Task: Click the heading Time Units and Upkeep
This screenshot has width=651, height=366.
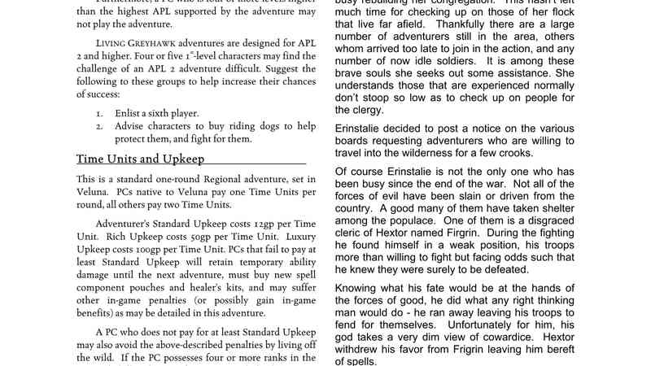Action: (x=140, y=159)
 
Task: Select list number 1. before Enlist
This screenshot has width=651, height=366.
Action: (x=98, y=112)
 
